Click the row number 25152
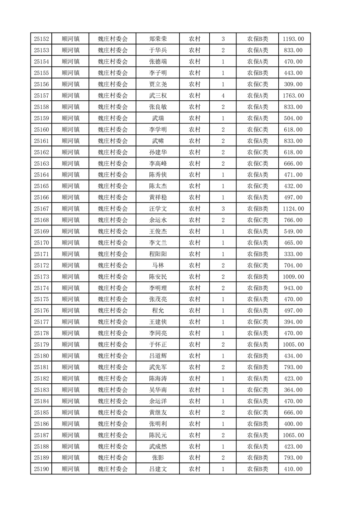point(41,39)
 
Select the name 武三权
point(158,96)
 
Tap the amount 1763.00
point(293,96)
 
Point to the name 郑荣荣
point(158,39)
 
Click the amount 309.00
point(293,84)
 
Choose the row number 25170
point(41,243)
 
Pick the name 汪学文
point(158,209)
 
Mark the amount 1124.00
point(293,209)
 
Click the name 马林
point(158,265)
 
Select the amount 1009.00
point(293,277)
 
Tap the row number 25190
point(41,469)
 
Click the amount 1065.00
point(293,435)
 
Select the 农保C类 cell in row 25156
point(257,84)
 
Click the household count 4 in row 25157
point(223,96)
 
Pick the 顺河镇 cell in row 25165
point(70,186)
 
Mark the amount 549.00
point(293,231)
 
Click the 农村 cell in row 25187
point(195,435)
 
